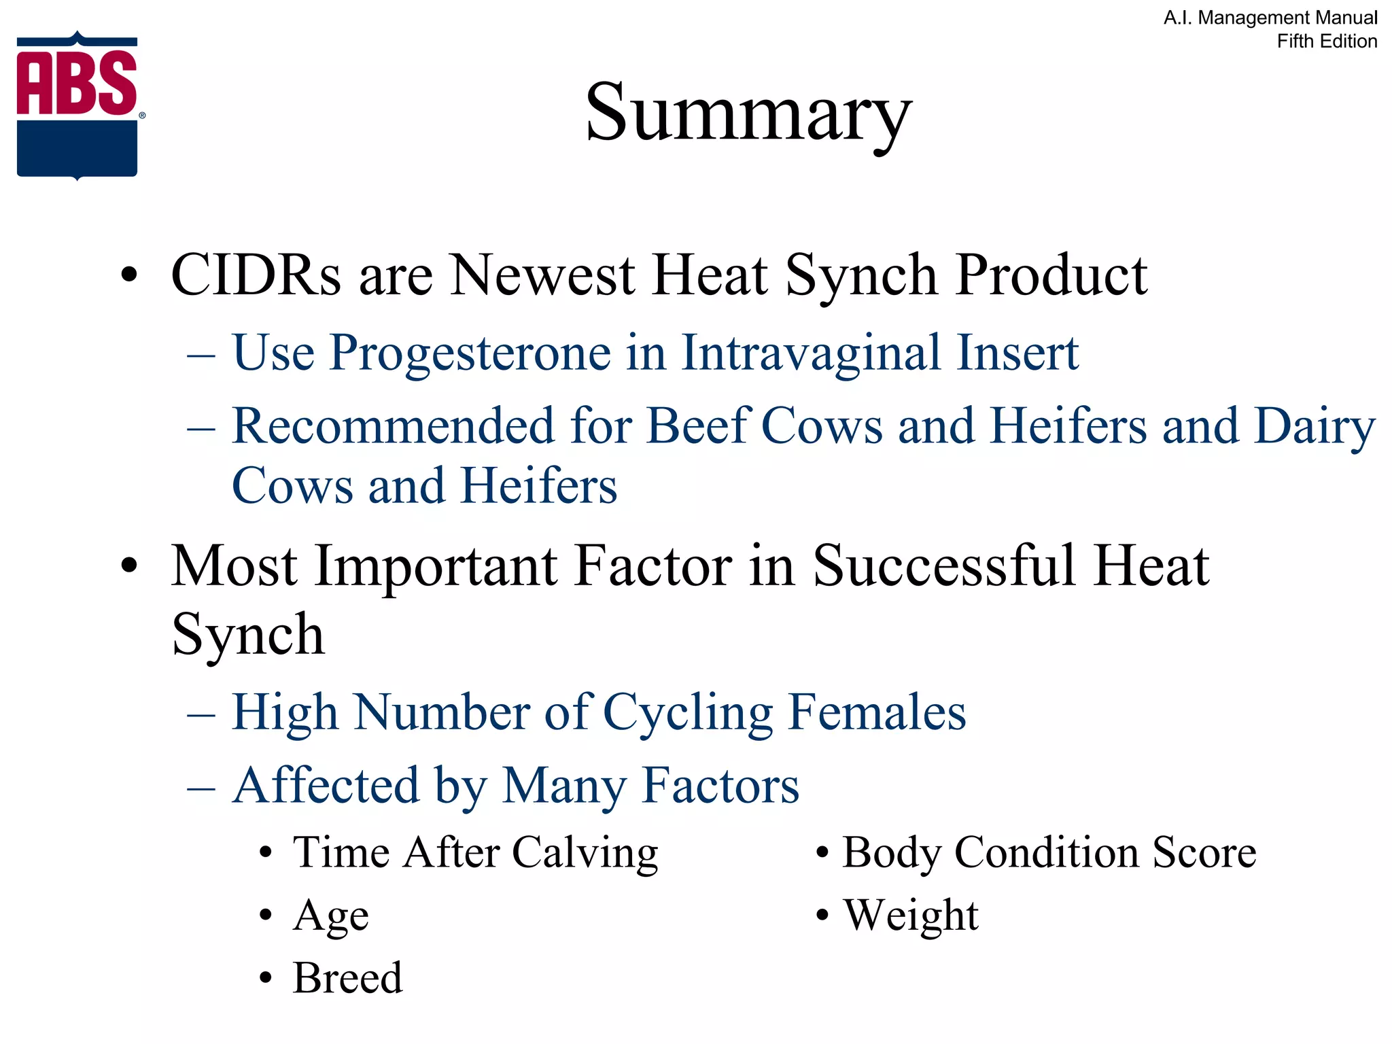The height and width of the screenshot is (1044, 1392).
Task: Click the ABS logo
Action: click(x=77, y=105)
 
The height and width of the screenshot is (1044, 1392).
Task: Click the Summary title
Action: click(x=748, y=112)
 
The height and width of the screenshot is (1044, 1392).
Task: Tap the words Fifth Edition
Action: click(x=1326, y=41)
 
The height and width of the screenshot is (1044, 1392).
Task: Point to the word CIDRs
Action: click(x=256, y=275)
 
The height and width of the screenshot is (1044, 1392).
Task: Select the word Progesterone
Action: click(x=470, y=353)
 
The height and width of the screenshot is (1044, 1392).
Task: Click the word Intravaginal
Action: click(x=811, y=353)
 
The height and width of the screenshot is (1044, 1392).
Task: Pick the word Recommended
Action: click(x=394, y=426)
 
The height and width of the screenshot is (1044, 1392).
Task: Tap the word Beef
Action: click(x=697, y=426)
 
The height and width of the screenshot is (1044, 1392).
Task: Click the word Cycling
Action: click(x=687, y=713)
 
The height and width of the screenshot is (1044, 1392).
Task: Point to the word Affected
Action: click(x=326, y=786)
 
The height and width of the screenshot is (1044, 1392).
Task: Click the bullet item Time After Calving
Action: click(x=475, y=852)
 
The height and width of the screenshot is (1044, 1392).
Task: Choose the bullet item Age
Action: click(x=330, y=916)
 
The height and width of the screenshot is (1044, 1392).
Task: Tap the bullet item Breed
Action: click(x=347, y=978)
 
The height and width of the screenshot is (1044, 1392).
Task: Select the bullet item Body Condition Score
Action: click(x=1049, y=852)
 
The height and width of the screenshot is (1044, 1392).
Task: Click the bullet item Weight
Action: click(x=911, y=916)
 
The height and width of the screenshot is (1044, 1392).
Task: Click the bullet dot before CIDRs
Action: click(x=128, y=277)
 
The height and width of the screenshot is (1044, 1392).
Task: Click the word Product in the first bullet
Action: click(x=1051, y=275)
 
